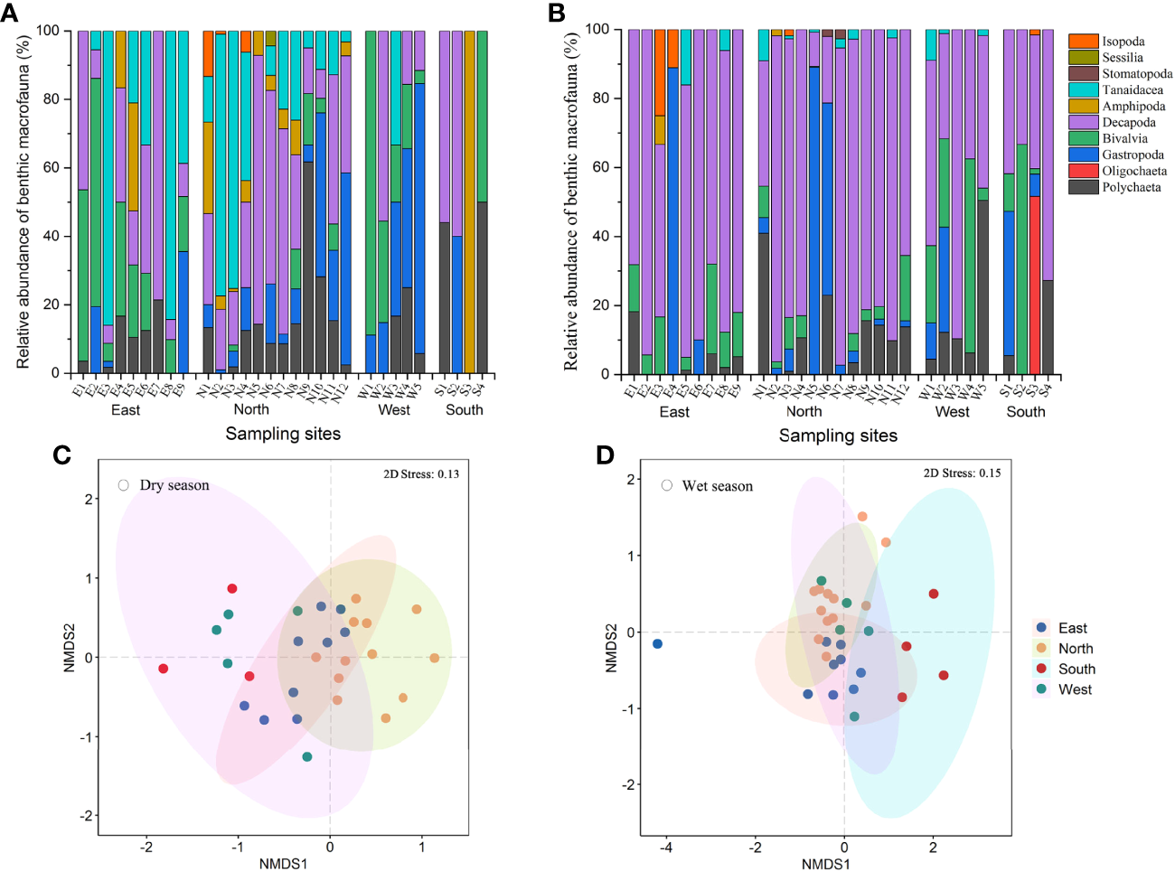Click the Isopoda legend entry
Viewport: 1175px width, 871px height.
click(x=1123, y=42)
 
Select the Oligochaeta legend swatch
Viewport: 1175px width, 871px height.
click(x=1083, y=171)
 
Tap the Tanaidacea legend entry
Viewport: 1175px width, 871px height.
click(x=1132, y=90)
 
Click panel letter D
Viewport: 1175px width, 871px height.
click(x=605, y=454)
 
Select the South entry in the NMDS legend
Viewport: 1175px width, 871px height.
click(x=1076, y=669)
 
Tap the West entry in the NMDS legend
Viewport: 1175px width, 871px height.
click(x=1075, y=689)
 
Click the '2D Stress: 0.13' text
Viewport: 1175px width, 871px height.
click(x=421, y=474)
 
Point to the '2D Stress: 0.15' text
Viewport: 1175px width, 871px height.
click(x=962, y=473)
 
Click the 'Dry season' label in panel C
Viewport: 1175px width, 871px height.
click(x=174, y=485)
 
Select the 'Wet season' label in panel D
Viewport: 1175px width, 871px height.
click(x=717, y=486)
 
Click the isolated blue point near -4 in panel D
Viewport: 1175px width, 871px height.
click(x=657, y=643)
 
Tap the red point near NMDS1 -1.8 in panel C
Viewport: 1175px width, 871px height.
click(x=163, y=669)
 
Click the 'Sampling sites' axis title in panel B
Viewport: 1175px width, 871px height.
click(x=838, y=435)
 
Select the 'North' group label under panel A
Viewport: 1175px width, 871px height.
click(x=251, y=409)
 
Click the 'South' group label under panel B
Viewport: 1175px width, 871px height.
click(x=1026, y=411)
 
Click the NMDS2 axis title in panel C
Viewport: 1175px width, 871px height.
click(x=69, y=648)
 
